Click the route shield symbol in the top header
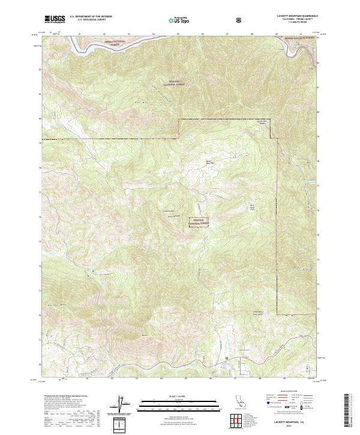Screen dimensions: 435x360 241,19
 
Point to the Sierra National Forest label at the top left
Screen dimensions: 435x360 112,42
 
